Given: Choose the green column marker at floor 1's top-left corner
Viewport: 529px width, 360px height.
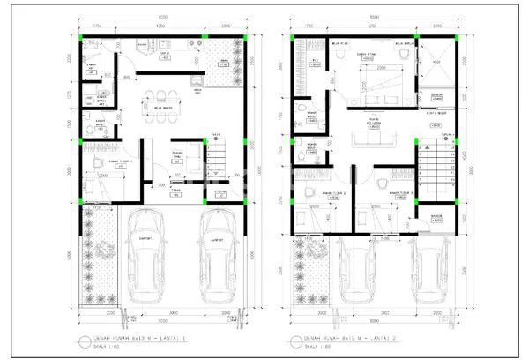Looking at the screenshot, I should point(82,40).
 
